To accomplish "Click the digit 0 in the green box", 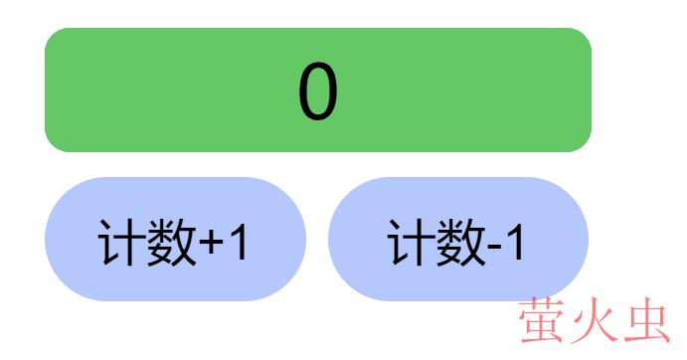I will click(318, 92).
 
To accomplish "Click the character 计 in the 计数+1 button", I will click(120, 242).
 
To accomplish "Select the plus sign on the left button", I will click(212, 243).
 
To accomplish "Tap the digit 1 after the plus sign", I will click(239, 242).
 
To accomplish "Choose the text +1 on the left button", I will click(225, 242).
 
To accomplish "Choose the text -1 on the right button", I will click(507, 242).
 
